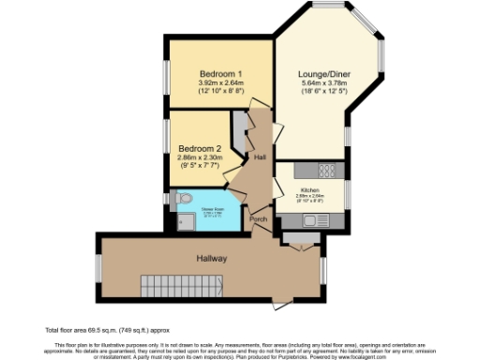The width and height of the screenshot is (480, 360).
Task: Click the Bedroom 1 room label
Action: tap(221, 73)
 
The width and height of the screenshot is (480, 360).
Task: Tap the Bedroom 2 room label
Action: tap(201, 148)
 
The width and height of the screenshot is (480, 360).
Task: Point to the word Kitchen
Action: tap(309, 188)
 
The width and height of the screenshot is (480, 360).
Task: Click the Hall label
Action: tap(259, 157)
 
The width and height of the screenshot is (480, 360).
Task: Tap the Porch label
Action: tap(258, 219)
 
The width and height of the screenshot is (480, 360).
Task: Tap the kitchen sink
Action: tap(313, 220)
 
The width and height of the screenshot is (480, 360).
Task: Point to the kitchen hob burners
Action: tap(328, 171)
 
